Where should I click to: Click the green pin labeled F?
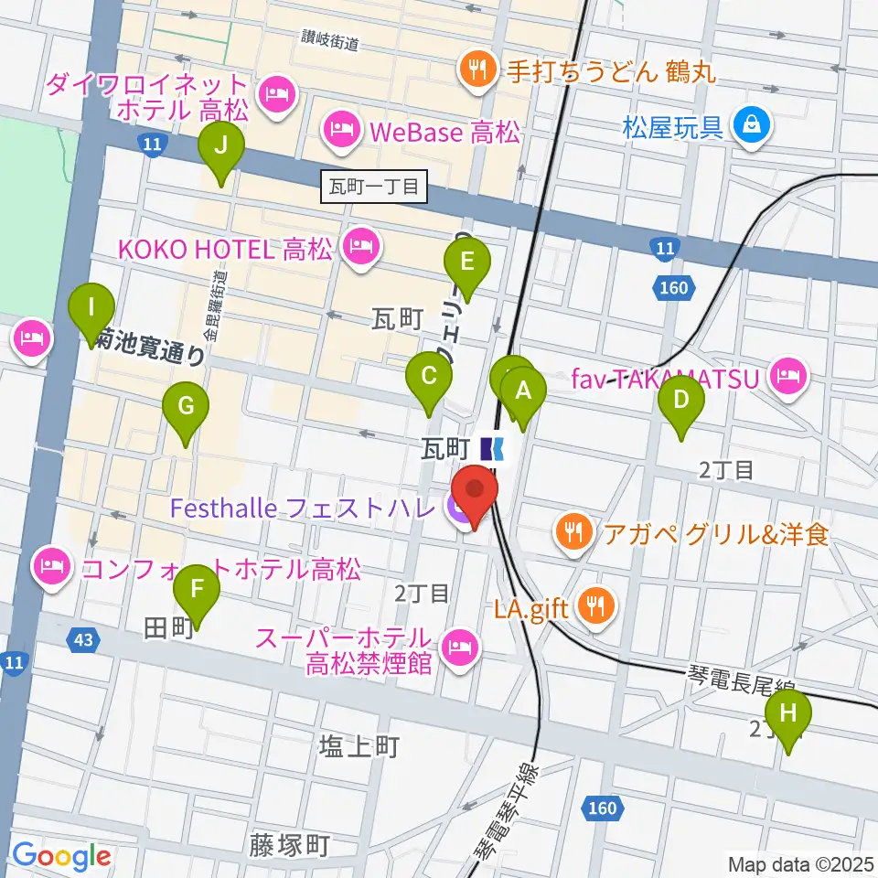click(197, 591)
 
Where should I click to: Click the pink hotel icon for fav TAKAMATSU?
click(787, 374)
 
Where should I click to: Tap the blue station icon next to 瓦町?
click(493, 448)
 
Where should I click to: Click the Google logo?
click(61, 857)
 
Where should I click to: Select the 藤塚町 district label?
click(288, 845)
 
